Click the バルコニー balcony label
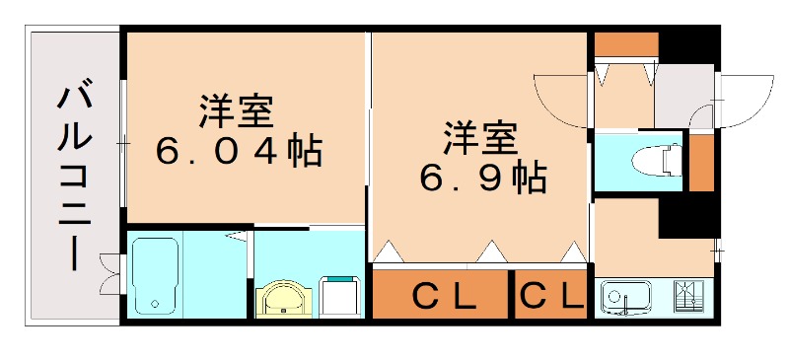75,177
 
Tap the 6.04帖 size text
237,152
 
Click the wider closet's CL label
443,295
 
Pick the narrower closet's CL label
551,295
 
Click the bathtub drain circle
153,303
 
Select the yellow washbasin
284,299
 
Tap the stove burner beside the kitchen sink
688,296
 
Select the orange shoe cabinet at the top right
625,44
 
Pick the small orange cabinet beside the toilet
700,163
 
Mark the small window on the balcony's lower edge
110,273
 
